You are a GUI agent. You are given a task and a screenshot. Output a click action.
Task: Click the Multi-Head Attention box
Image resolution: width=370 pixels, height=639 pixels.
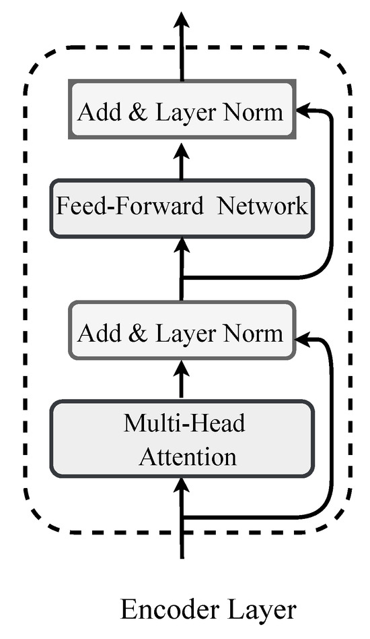(181, 439)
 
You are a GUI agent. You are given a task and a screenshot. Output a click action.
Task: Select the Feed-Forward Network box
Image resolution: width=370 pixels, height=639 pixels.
(181, 207)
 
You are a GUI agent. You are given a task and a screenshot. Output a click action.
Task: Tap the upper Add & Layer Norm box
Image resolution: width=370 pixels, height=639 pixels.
(181, 111)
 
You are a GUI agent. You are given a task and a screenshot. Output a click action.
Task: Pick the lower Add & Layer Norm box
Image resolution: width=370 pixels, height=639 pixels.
(181, 333)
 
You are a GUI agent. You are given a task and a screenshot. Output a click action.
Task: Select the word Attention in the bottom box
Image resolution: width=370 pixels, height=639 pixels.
(188, 456)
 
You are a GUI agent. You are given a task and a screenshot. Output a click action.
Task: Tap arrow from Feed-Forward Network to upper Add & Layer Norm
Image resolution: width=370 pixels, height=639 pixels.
(181, 159)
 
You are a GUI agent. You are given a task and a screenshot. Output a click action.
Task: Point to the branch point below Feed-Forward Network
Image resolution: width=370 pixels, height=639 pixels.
(181, 278)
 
